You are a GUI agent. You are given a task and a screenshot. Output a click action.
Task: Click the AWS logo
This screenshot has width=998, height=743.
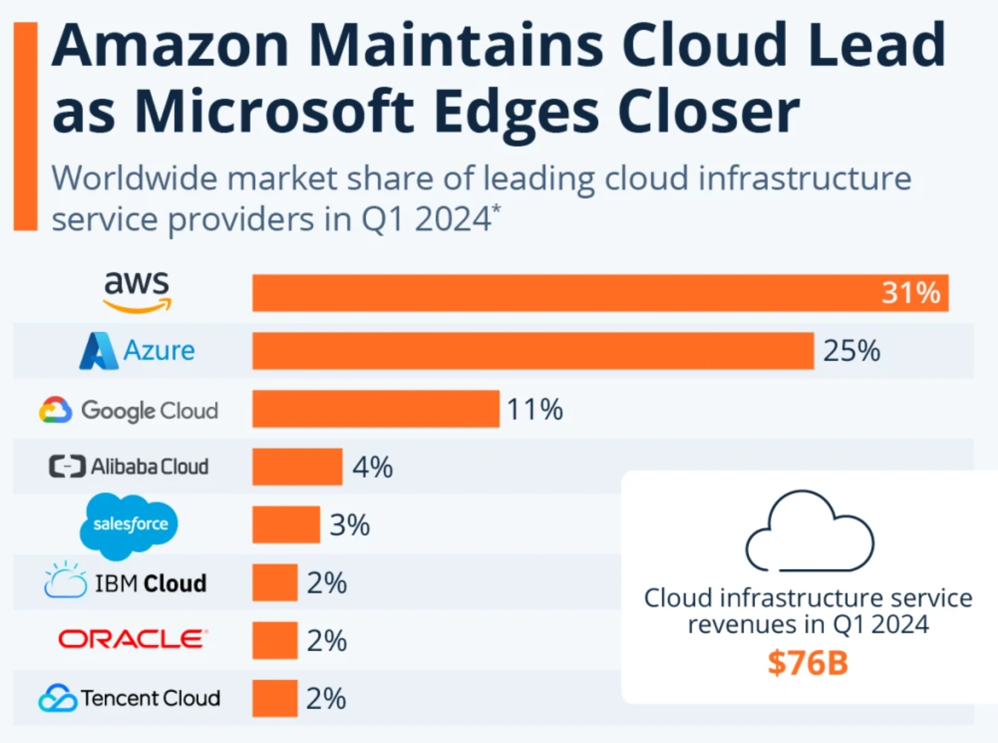point(137,292)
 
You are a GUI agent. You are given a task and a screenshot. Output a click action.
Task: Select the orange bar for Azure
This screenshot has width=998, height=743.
point(533,350)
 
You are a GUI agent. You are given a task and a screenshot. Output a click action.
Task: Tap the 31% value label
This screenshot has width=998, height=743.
point(910,293)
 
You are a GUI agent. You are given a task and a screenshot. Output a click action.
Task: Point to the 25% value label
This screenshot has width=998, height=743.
point(851,351)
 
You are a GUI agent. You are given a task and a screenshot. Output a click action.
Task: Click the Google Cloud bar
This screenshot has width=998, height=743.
point(376,409)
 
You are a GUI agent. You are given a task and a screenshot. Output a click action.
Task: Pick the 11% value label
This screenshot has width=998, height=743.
point(535,410)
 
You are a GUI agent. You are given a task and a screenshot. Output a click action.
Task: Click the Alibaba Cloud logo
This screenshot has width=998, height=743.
point(129,466)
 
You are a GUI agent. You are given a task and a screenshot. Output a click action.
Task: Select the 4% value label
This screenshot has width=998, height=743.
point(373,467)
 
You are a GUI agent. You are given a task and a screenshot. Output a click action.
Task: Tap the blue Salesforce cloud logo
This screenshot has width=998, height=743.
point(129,524)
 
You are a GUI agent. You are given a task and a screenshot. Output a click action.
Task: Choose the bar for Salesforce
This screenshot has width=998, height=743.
point(286,524)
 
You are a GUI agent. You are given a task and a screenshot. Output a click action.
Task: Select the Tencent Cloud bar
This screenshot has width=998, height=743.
point(275,698)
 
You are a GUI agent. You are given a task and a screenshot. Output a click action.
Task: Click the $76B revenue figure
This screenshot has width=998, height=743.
point(808,663)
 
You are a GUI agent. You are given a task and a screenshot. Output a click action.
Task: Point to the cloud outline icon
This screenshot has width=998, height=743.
point(809,532)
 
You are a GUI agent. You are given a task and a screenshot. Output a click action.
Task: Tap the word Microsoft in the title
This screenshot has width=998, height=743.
point(274,112)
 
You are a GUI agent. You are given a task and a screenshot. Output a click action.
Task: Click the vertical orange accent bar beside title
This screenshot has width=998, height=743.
point(25,126)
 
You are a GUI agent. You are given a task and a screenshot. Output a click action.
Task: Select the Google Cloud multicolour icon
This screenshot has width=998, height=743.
point(56,410)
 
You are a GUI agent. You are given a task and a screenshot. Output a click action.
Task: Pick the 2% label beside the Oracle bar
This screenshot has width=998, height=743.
point(327,640)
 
